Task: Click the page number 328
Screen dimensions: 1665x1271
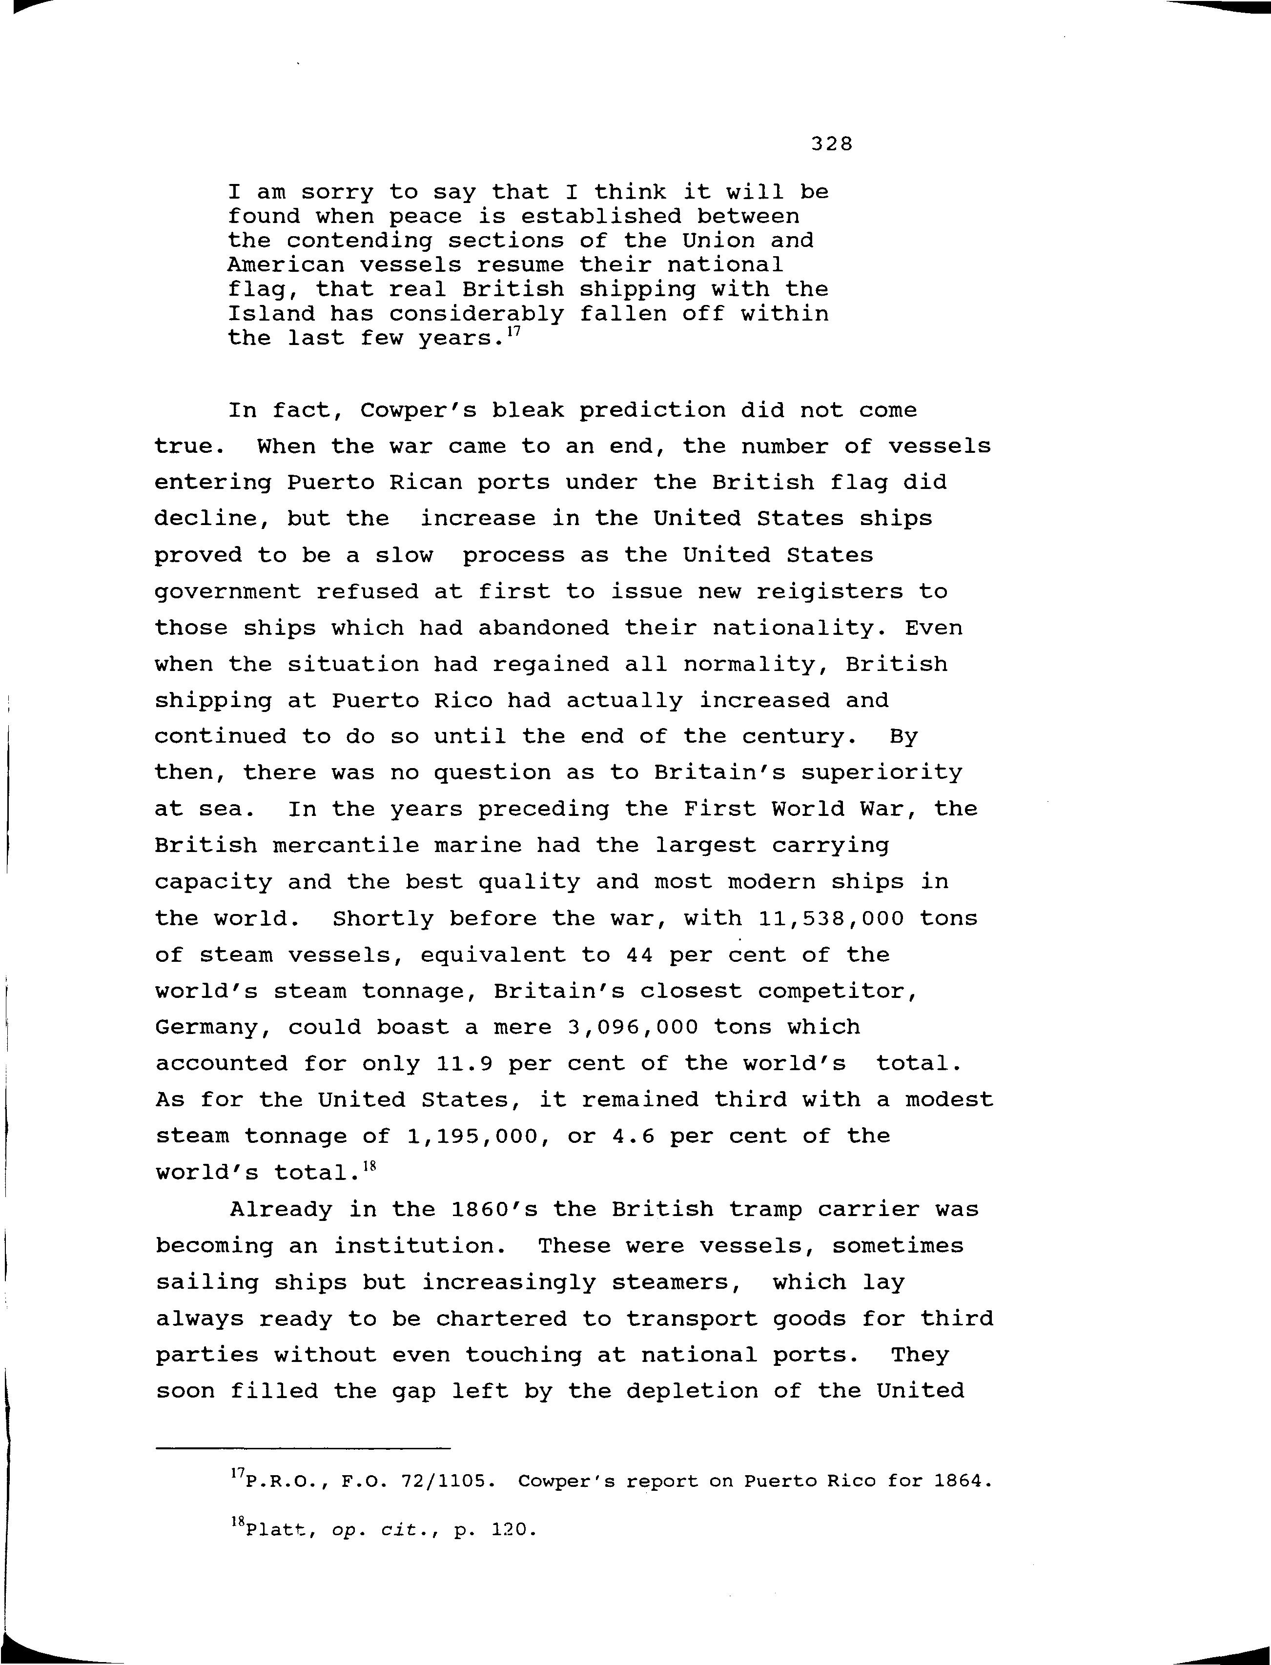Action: tap(831, 144)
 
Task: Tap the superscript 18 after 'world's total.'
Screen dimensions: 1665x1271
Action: tap(369, 1166)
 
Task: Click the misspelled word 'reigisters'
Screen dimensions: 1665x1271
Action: tap(830, 591)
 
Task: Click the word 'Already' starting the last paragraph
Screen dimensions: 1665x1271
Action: tap(281, 1210)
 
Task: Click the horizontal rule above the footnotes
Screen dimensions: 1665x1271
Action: tap(303, 1448)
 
